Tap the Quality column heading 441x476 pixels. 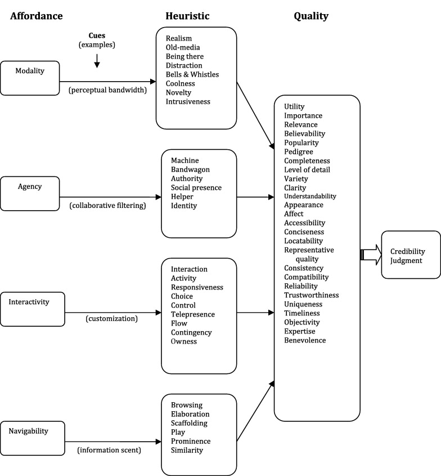click(310, 16)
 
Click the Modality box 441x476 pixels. click(30, 78)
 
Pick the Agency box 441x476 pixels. click(30, 193)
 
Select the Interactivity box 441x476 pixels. click(30, 309)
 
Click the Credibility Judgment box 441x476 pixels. click(410, 255)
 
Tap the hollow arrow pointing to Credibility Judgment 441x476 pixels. click(370, 255)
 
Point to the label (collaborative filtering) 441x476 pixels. click(107, 206)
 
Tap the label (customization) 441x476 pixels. click(111, 318)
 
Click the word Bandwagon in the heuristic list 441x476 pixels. click(190, 170)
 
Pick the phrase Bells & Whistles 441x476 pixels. click(192, 74)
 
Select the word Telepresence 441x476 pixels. click(193, 314)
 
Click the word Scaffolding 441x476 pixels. click(189, 423)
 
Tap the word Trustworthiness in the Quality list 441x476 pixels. click(311, 295)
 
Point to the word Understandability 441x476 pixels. click(310, 196)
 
